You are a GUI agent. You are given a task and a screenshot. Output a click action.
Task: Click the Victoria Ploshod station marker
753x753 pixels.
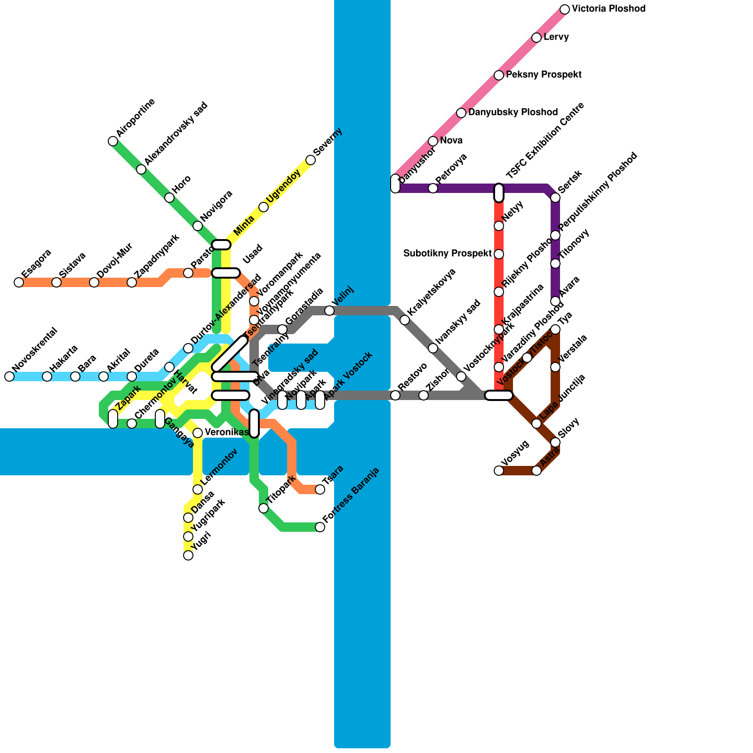(565, 9)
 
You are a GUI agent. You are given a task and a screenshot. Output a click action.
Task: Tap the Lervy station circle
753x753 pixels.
(537, 38)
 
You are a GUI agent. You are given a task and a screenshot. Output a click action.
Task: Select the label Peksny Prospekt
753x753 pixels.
(544, 75)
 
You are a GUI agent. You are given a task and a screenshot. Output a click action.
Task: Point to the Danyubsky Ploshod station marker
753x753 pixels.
(461, 113)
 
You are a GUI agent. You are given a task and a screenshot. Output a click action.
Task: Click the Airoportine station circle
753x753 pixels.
(113, 141)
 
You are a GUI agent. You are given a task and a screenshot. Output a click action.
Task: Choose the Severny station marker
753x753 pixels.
(311, 160)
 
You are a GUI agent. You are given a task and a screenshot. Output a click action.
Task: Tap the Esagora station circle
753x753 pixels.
(19, 282)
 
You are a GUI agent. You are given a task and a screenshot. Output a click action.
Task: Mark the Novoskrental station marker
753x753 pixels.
(9, 376)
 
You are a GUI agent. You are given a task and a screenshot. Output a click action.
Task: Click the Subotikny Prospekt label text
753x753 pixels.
(448, 254)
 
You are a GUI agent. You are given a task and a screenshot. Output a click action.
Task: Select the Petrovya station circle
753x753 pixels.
(433, 188)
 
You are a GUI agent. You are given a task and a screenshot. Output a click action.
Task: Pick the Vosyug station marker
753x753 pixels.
(499, 471)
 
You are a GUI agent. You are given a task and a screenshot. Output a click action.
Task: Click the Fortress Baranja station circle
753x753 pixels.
(320, 527)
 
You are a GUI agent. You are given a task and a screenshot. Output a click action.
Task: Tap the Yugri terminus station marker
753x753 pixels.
(188, 555)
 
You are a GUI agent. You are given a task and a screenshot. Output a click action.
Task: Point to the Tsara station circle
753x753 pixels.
(320, 489)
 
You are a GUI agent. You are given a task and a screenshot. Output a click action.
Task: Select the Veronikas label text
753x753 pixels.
(226, 433)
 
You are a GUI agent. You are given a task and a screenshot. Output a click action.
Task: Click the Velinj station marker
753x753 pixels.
(329, 311)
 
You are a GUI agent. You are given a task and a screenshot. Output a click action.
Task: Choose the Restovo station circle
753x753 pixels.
(395, 395)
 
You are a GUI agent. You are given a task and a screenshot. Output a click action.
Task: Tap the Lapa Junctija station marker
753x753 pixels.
(537, 424)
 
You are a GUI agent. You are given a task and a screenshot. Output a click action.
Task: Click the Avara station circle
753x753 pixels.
(555, 301)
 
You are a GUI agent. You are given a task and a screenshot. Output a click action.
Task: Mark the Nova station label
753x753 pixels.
(451, 141)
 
